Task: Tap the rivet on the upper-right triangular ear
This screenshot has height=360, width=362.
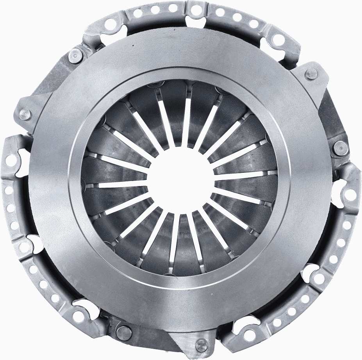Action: [311, 73]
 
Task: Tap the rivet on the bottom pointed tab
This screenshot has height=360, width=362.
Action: [201, 345]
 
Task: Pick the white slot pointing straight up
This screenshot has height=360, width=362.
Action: [188, 117]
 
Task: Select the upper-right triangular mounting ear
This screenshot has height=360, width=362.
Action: [312, 78]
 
